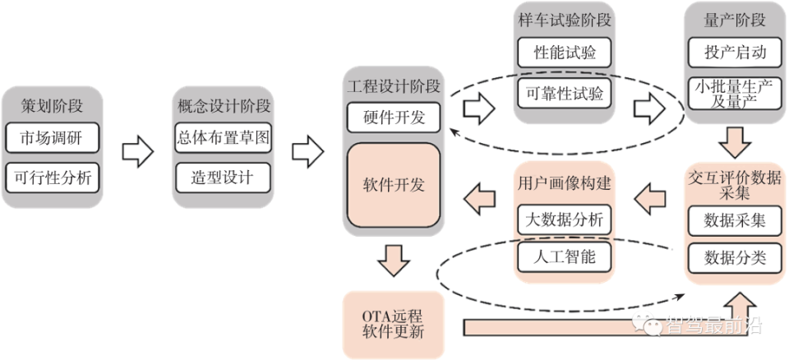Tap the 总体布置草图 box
click(x=223, y=136)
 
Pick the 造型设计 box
click(x=223, y=176)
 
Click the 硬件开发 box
click(x=394, y=117)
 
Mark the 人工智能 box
click(x=565, y=257)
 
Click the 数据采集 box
click(x=735, y=220)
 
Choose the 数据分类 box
click(x=735, y=258)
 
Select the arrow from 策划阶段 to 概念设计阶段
click(x=138, y=152)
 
